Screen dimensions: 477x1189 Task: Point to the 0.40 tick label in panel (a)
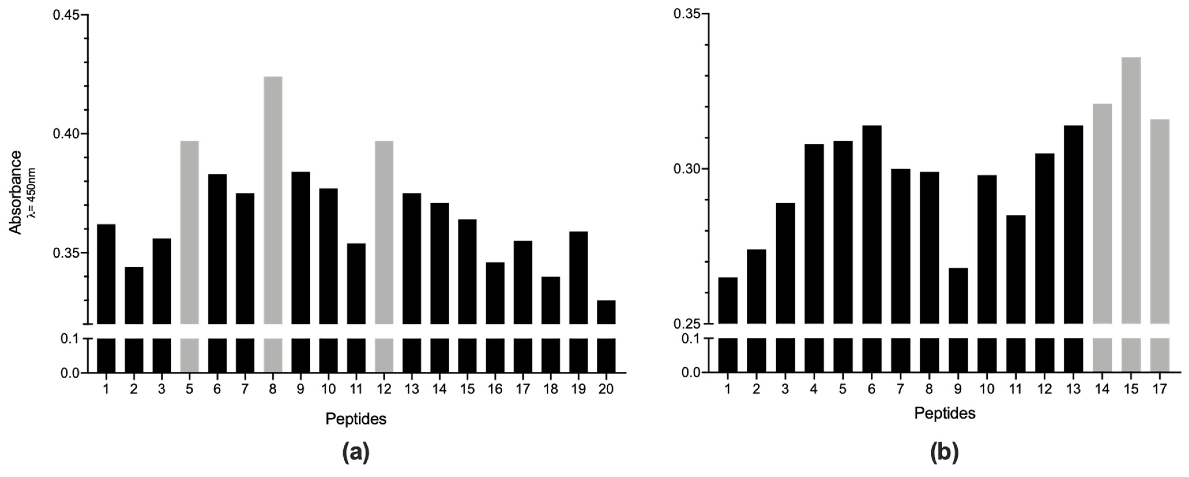click(x=67, y=134)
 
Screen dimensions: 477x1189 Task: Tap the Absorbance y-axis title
click(x=16, y=193)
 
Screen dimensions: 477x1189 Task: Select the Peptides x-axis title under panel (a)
click(x=356, y=419)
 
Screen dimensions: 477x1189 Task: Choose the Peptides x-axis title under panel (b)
click(x=945, y=413)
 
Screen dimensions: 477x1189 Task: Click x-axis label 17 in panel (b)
click(x=1160, y=389)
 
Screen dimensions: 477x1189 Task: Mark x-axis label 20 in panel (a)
click(x=606, y=390)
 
